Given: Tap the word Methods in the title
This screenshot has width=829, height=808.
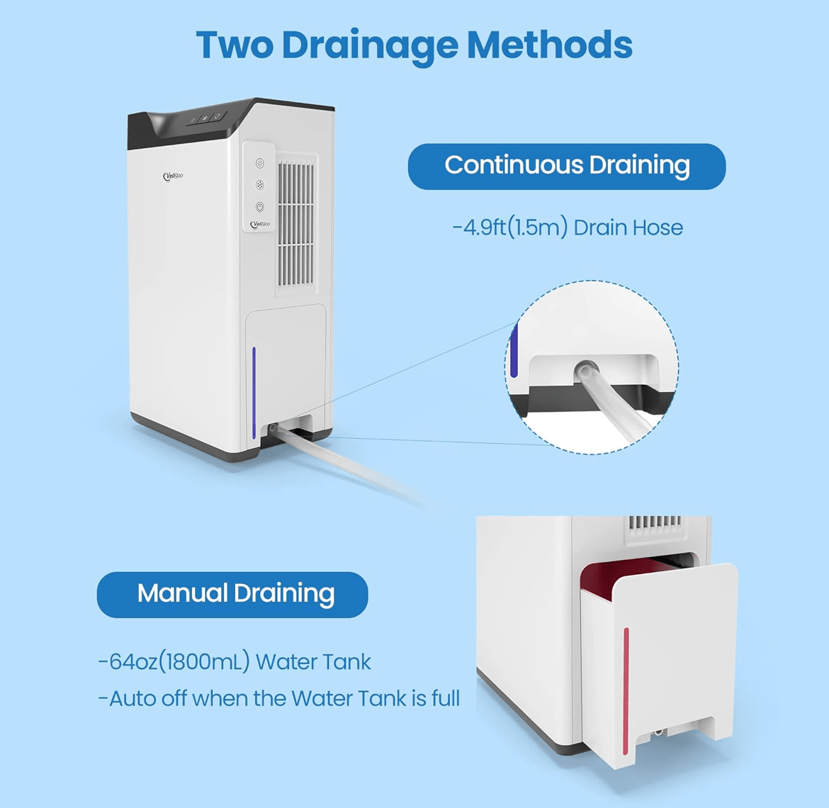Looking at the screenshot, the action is coord(549,45).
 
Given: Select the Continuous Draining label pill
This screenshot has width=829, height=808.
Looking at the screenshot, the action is coord(567,166).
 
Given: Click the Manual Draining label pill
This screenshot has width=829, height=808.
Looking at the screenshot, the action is coord(232,595).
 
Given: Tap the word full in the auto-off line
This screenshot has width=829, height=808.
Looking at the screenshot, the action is coord(446,698).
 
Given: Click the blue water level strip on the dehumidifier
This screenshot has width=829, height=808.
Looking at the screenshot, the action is coord(254,393).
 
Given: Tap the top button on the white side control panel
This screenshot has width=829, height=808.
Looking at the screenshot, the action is coord(259,164).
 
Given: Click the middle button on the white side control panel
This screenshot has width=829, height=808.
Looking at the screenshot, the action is coord(259,185).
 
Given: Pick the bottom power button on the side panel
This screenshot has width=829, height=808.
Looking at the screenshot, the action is coord(259,207).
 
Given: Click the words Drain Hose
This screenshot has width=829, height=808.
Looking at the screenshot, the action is coord(628,228).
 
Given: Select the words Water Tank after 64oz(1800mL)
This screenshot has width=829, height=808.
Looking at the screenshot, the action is coord(313,662).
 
